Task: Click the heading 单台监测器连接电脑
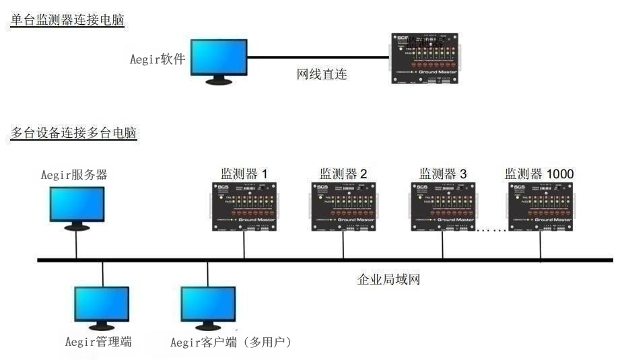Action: click(x=68, y=20)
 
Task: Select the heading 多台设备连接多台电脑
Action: click(x=74, y=133)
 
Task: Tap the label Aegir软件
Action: click(x=158, y=59)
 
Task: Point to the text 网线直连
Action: click(x=322, y=74)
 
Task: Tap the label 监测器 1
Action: click(x=244, y=174)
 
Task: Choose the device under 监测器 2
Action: click(x=343, y=206)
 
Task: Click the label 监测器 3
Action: click(x=443, y=174)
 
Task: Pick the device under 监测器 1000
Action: click(x=542, y=206)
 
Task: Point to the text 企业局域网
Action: click(x=388, y=279)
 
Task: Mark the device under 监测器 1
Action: click(x=244, y=206)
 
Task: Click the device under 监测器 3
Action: click(x=442, y=206)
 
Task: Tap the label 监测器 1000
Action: click(x=540, y=174)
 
